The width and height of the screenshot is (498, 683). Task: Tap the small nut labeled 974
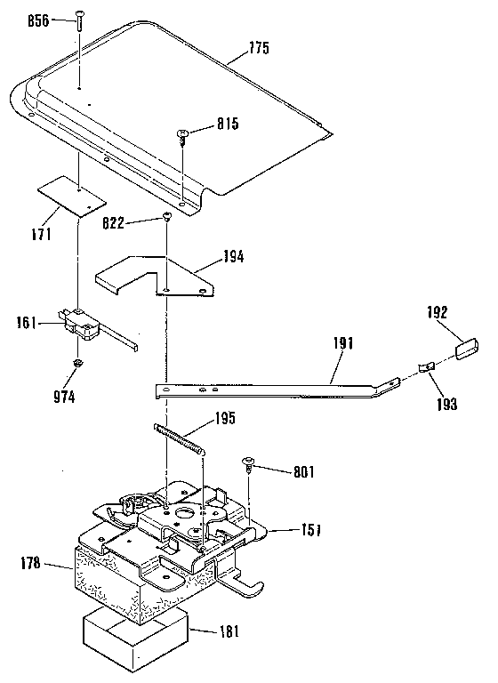tap(78, 363)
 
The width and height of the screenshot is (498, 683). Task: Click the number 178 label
tap(28, 562)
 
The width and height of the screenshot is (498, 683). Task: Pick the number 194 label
tap(233, 258)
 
